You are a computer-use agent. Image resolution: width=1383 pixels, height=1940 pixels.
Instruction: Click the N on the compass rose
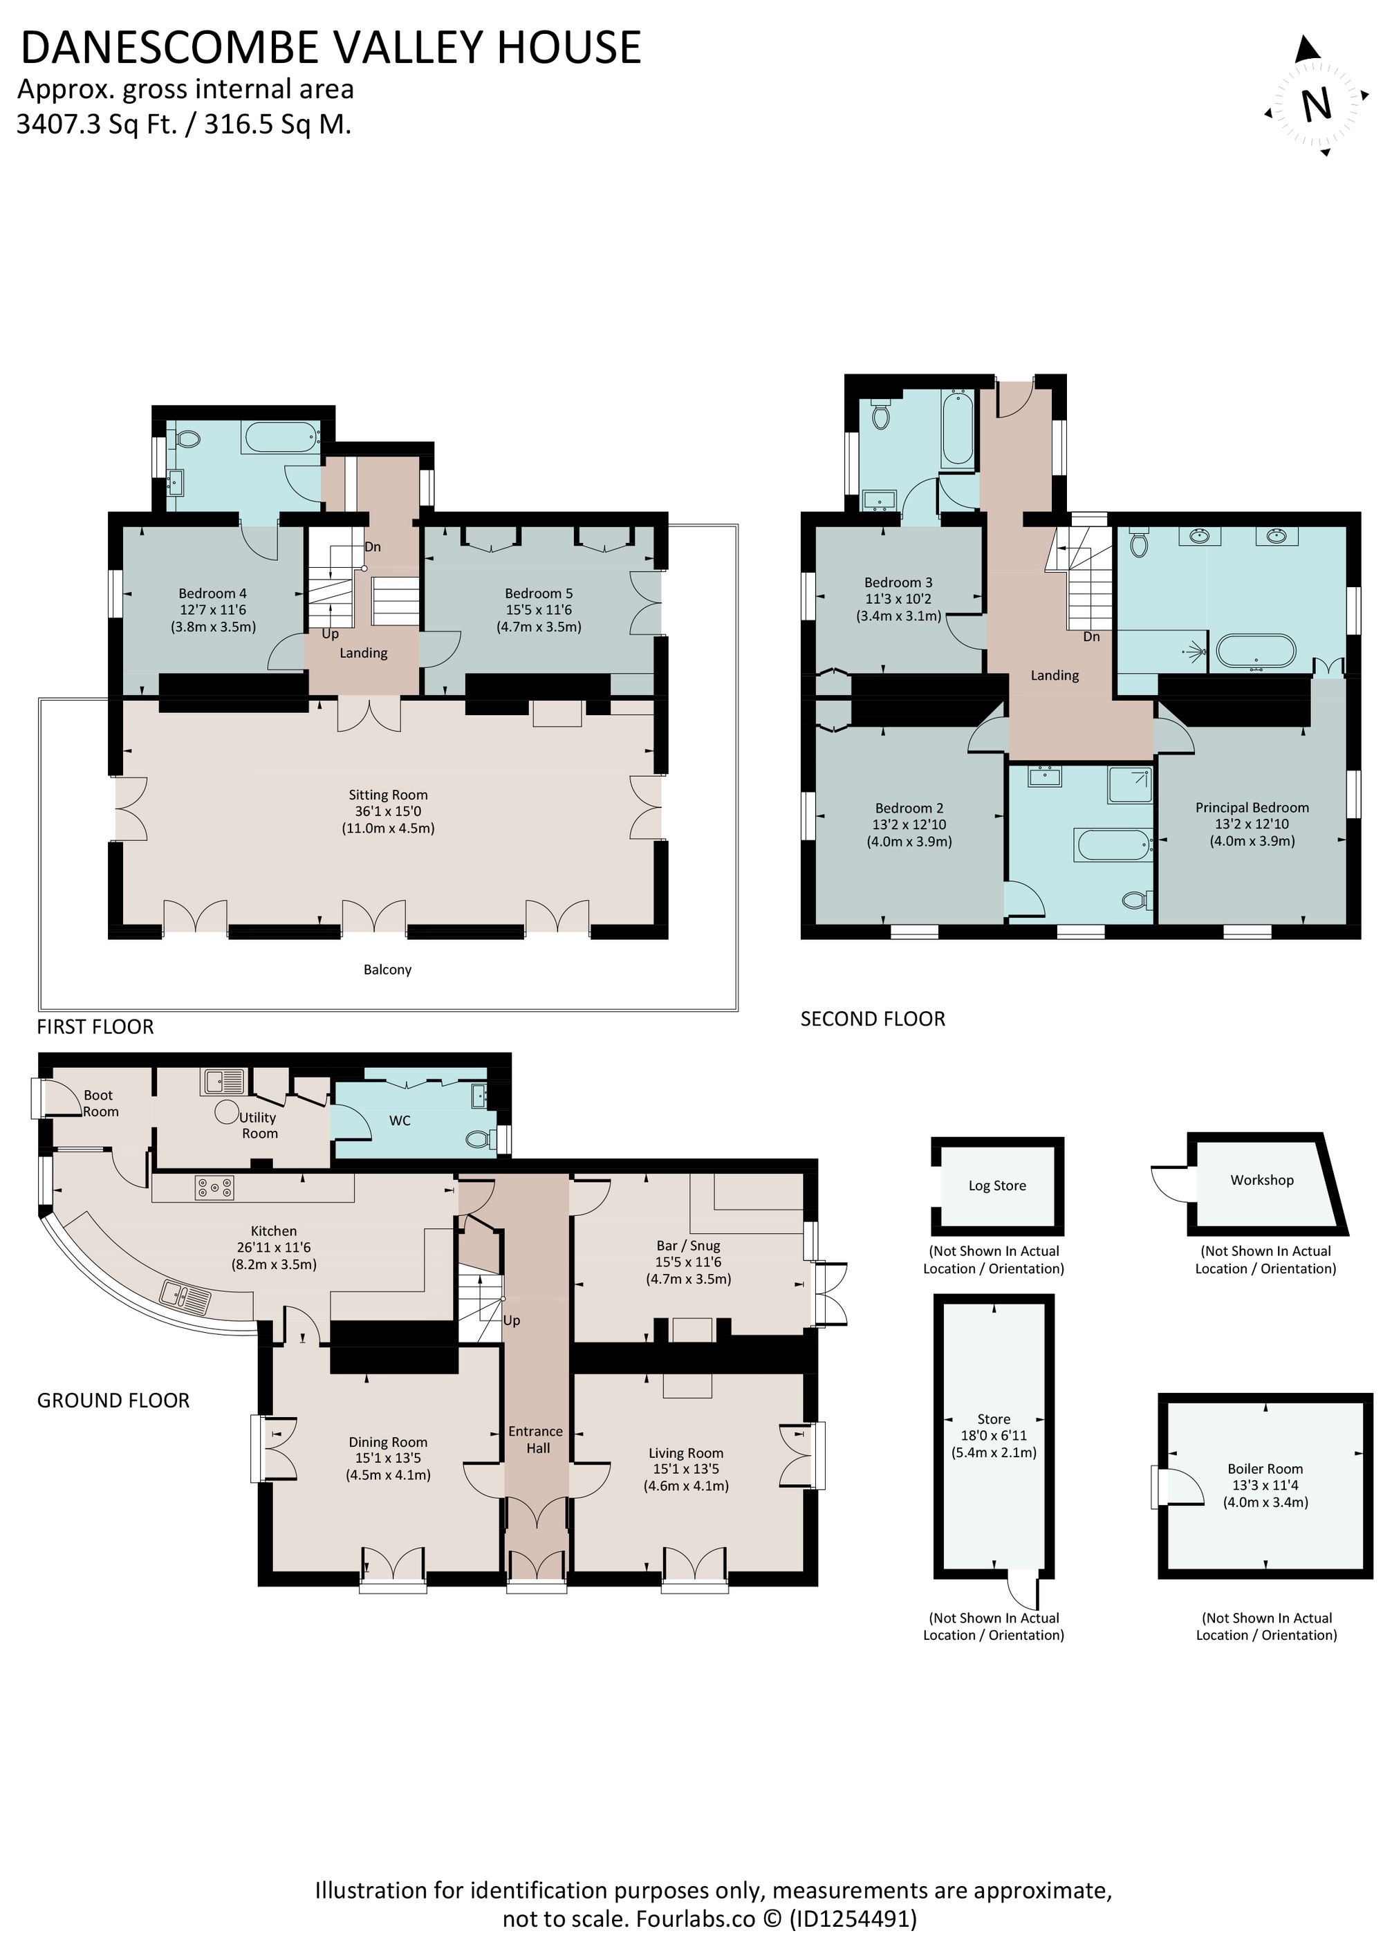tap(1317, 104)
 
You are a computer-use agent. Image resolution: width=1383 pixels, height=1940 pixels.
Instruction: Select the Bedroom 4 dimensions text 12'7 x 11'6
tap(213, 610)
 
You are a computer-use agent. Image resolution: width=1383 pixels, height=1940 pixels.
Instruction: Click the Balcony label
tap(387, 969)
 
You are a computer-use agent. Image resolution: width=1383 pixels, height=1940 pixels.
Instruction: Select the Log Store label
tap(996, 1185)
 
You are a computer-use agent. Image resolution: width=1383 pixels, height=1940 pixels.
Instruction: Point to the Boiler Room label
tap(1265, 1468)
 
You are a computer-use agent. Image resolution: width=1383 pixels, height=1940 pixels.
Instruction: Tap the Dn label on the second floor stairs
tap(1091, 636)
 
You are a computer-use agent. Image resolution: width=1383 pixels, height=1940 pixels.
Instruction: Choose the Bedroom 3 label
tap(898, 582)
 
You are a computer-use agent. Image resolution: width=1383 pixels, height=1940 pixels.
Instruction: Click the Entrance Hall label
tap(536, 1439)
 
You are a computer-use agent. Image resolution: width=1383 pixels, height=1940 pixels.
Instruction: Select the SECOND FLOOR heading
tap(872, 1019)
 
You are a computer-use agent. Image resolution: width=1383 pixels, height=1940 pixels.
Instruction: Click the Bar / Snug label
tap(687, 1245)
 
